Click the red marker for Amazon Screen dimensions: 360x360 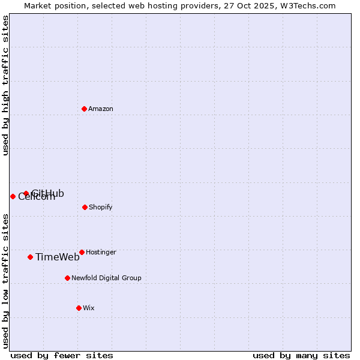pyautogui.click(x=84, y=109)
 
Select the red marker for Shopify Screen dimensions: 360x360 pyautogui.click(x=85, y=207)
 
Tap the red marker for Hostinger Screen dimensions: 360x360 pyautogui.click(x=82, y=252)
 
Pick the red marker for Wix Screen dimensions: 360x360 pyautogui.click(x=79, y=308)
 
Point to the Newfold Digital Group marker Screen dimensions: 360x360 pyautogui.click(x=67, y=278)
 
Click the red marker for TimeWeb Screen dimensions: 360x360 pyautogui.click(x=30, y=257)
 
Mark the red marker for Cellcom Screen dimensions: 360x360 pyautogui.click(x=13, y=196)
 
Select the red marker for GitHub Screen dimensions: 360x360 pyautogui.click(x=26, y=193)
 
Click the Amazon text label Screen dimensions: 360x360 pyautogui.click(x=101, y=109)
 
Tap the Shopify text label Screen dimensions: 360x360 pyautogui.click(x=101, y=207)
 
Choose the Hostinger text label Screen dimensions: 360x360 pyautogui.click(x=101, y=252)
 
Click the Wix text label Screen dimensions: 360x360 pyautogui.click(x=89, y=308)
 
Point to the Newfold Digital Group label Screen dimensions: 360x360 pyautogui.click(x=106, y=278)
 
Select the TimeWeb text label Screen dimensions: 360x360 pyautogui.click(x=58, y=257)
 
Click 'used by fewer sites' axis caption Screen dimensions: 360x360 pyautogui.click(x=62, y=355)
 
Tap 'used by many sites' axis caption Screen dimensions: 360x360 pyautogui.click(x=301, y=355)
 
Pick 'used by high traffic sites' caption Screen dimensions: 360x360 pyautogui.click(x=5, y=85)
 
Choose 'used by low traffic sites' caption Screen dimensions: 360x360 pyautogui.click(x=5, y=280)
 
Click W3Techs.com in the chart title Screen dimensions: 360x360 pyautogui.click(x=308, y=5)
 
